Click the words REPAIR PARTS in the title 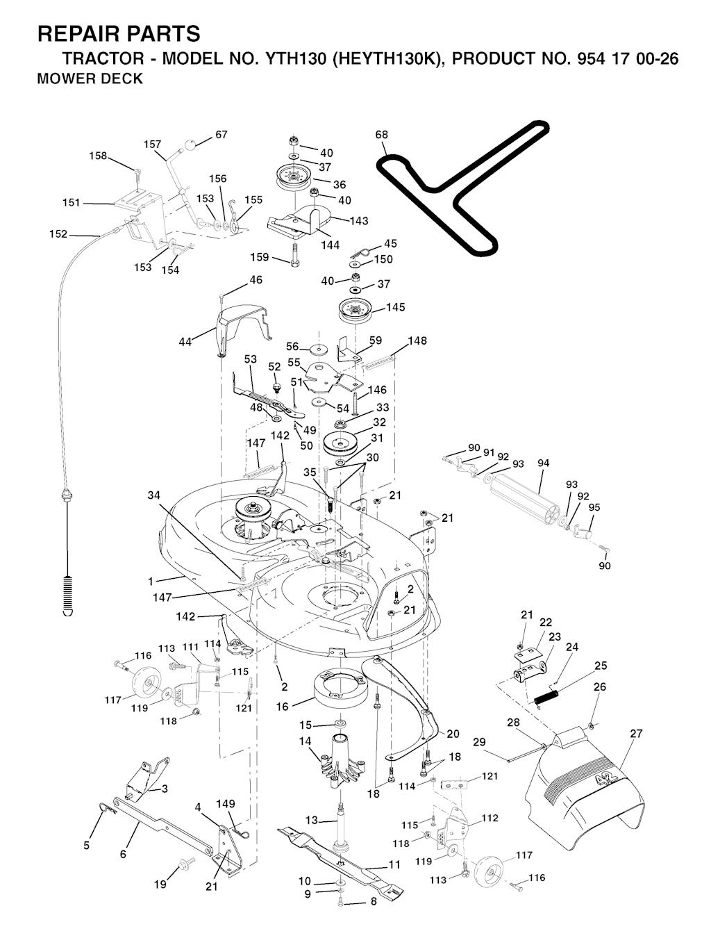click(x=119, y=34)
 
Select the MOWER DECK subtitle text click(x=90, y=79)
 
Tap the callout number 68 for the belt click(x=382, y=135)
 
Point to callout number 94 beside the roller click(x=543, y=463)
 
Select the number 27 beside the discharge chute click(x=636, y=734)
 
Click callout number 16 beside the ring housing click(x=282, y=707)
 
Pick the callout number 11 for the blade click(x=394, y=865)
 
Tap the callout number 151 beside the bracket click(x=72, y=203)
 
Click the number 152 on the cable click(x=58, y=234)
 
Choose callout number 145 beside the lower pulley click(x=396, y=307)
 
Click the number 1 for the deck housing click(x=150, y=580)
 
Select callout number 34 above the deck click(x=154, y=495)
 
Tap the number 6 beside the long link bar click(x=123, y=854)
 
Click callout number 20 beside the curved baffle click(x=453, y=734)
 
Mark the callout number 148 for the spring click(x=417, y=341)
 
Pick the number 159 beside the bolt click(x=259, y=257)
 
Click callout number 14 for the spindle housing click(x=305, y=741)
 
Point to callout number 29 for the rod click(x=480, y=743)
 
